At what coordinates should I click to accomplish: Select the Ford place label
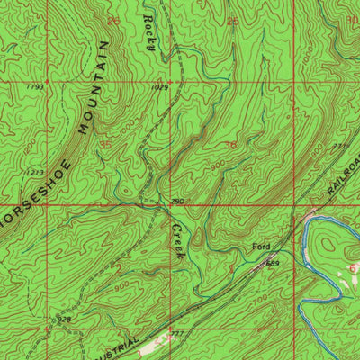click(261, 246)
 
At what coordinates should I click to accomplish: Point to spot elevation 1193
click(36, 86)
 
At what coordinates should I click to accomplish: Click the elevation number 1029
click(160, 87)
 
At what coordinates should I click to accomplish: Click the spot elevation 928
click(64, 318)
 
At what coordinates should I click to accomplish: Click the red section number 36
click(230, 144)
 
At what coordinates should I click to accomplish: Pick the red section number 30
click(351, 19)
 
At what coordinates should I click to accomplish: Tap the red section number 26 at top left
click(112, 19)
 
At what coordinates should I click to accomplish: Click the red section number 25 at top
click(233, 21)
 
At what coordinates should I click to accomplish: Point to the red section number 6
click(354, 268)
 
